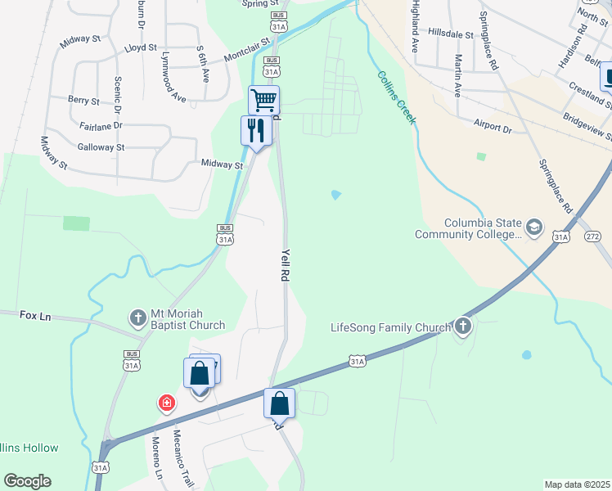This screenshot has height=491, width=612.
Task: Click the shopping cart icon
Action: coord(263,101)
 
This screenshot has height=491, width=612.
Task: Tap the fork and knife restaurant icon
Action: coord(255,130)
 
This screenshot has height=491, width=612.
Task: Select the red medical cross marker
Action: coord(166,403)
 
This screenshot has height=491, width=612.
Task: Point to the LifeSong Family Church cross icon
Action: coord(463,327)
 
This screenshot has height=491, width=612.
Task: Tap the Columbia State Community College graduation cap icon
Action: coord(534,227)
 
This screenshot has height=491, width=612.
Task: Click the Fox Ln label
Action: coord(34,316)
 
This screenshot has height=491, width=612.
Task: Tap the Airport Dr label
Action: coord(492,128)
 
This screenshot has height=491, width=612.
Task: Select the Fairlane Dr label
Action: coord(101,125)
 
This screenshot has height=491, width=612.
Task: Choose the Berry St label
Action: coord(83,101)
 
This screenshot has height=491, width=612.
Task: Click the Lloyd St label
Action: coord(140,48)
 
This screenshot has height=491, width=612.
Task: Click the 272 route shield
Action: coord(592,236)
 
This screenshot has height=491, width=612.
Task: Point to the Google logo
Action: coord(27,481)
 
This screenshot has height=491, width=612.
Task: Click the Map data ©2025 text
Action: coord(577,484)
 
